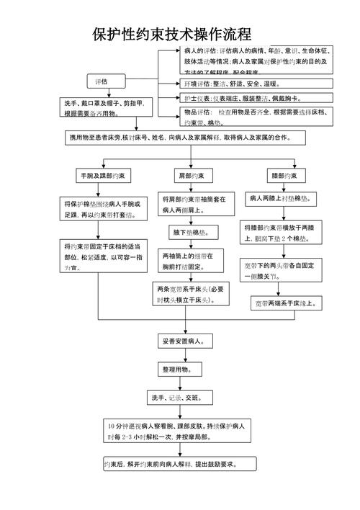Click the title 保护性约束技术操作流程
tap(171, 34)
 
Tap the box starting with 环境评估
tap(256, 84)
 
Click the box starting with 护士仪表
tap(256, 98)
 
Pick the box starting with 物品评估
tap(256, 117)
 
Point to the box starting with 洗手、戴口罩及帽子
tap(106, 109)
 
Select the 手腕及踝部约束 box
tap(106, 176)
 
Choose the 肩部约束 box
tap(191, 176)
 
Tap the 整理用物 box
tap(177, 370)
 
